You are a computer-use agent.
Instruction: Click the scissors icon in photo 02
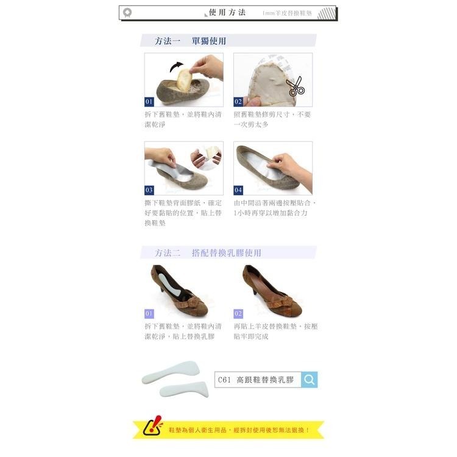pos(296,88)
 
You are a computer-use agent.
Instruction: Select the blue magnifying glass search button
pos(310,380)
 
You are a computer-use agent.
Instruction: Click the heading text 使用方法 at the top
pos(227,12)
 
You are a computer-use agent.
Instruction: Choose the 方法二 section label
pos(168,252)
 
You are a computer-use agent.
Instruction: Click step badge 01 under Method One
pos(149,102)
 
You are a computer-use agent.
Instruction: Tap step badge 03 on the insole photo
pos(149,190)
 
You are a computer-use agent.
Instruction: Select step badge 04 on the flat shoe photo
pos(238,190)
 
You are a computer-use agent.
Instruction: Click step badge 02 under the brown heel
pos(238,313)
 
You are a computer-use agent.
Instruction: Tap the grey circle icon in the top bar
pos(127,12)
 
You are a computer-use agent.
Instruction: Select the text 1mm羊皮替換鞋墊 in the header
pos(287,13)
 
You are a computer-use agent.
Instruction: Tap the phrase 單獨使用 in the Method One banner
pos(208,41)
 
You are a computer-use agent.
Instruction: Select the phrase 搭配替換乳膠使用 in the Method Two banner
pos(226,252)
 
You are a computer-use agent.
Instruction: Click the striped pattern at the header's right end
pos(326,13)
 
